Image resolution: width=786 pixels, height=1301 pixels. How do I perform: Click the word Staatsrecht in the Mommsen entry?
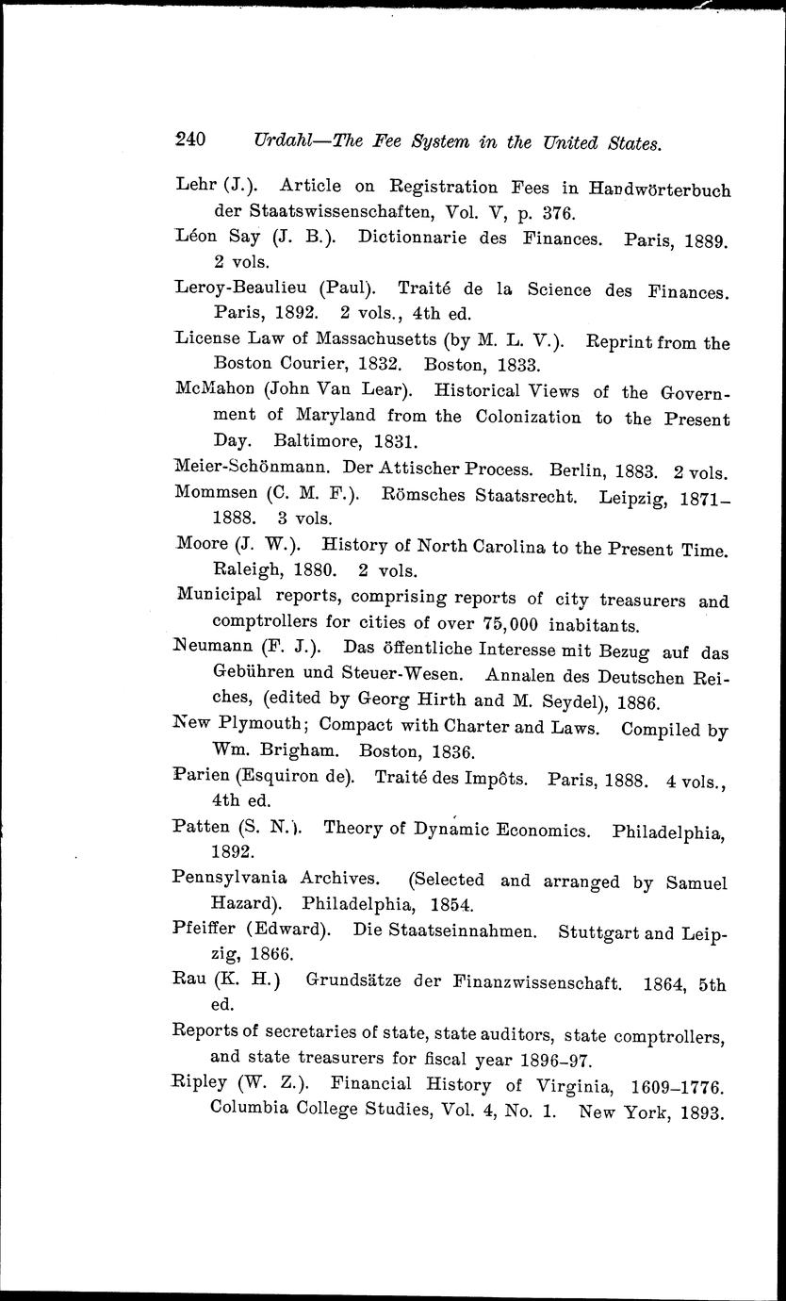click(x=510, y=493)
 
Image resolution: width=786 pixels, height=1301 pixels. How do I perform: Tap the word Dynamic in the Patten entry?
click(x=430, y=831)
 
